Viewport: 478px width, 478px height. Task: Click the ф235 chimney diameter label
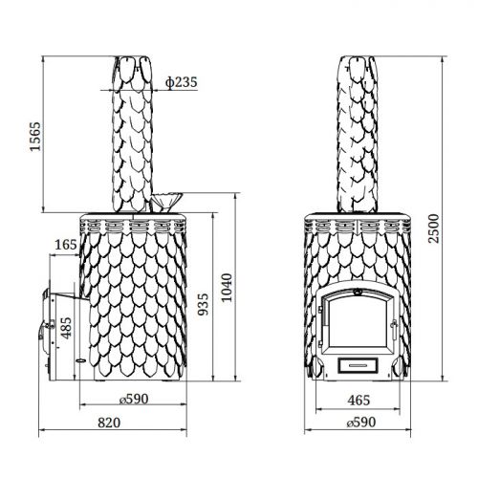[182, 82]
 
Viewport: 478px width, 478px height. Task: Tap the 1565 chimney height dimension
[35, 137]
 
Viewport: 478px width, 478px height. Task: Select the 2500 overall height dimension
[433, 228]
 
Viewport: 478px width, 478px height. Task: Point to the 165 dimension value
[66, 245]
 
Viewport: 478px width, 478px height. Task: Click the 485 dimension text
[66, 328]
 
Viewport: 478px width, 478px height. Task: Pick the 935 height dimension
[203, 305]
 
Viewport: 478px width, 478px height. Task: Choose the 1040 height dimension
[227, 288]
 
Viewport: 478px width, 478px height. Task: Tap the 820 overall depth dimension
[109, 423]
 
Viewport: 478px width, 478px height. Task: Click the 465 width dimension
[358, 401]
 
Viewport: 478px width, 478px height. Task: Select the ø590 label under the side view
[134, 399]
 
